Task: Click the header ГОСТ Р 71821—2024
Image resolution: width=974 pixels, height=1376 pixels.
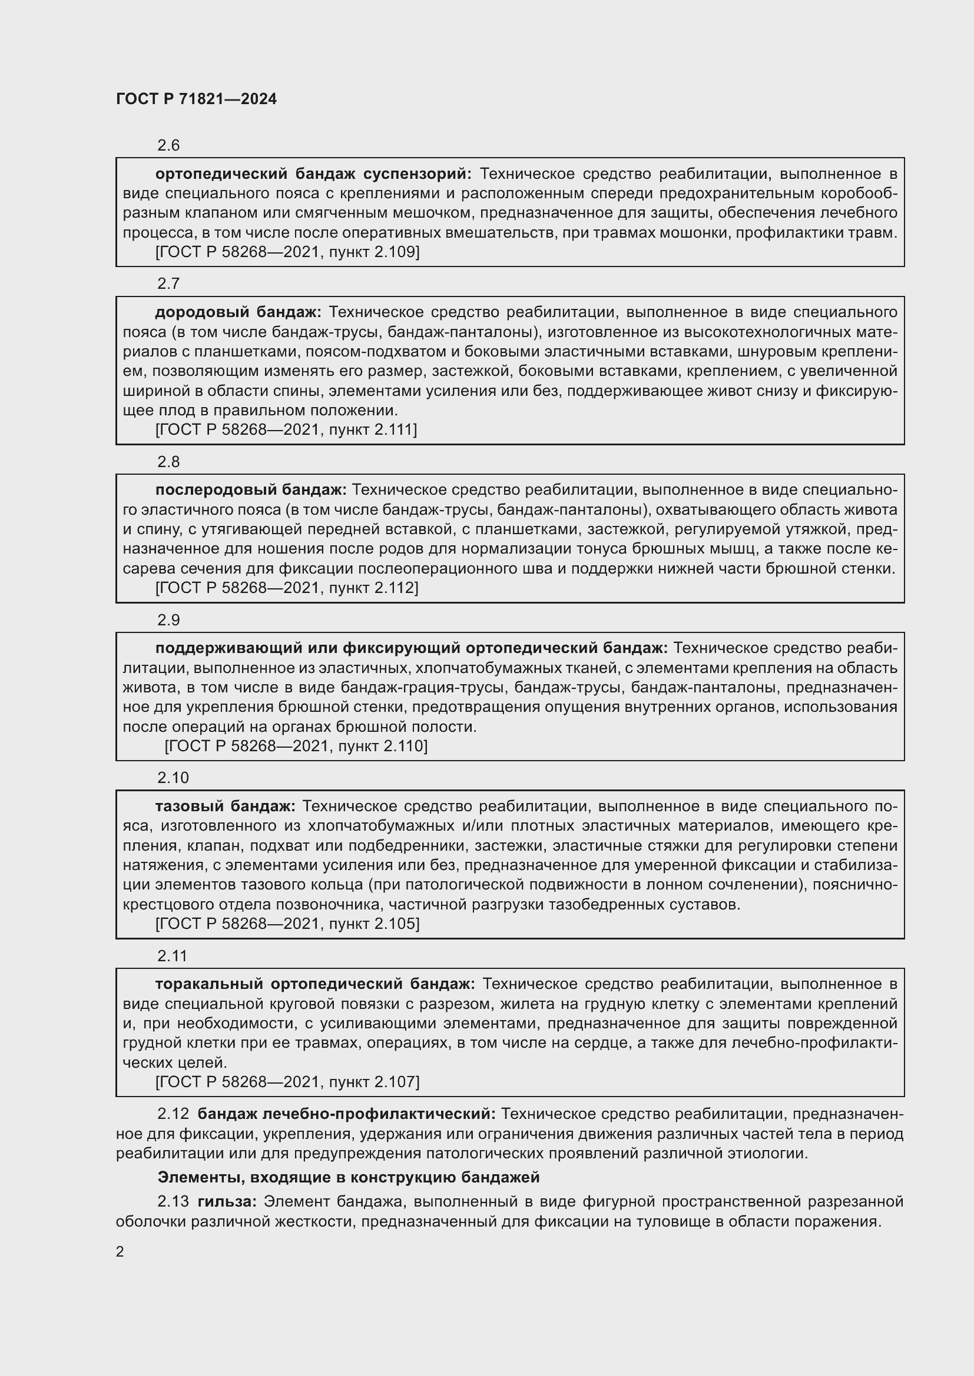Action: coord(196,99)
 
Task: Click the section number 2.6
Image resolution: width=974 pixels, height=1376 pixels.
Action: coord(168,145)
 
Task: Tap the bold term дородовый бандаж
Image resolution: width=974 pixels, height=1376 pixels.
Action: coord(238,312)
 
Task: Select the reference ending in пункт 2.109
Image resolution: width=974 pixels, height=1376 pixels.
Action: coord(287,252)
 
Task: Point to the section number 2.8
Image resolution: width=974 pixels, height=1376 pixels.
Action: coord(168,461)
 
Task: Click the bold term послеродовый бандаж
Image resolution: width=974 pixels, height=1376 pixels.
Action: coord(251,489)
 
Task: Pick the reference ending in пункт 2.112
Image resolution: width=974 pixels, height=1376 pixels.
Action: coord(287,587)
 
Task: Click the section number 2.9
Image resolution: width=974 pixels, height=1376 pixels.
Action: coord(168,619)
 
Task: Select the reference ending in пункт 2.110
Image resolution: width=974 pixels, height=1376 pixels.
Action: coord(296,745)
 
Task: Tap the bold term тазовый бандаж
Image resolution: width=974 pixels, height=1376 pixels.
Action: coord(225,806)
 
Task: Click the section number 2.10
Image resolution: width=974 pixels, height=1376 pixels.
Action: coord(173,778)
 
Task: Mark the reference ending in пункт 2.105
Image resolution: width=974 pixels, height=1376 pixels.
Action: coord(287,924)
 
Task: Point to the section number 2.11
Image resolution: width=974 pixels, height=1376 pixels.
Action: coord(172,956)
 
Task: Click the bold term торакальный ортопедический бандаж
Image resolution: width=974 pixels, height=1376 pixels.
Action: coord(315,984)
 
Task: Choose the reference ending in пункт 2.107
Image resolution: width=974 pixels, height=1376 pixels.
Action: coord(287,1082)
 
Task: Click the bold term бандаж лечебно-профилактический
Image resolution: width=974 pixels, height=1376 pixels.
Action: coord(347,1114)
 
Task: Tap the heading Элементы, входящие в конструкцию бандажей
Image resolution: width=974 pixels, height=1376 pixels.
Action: coord(349,1178)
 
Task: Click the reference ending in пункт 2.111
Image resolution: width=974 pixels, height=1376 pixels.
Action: coord(286,429)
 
